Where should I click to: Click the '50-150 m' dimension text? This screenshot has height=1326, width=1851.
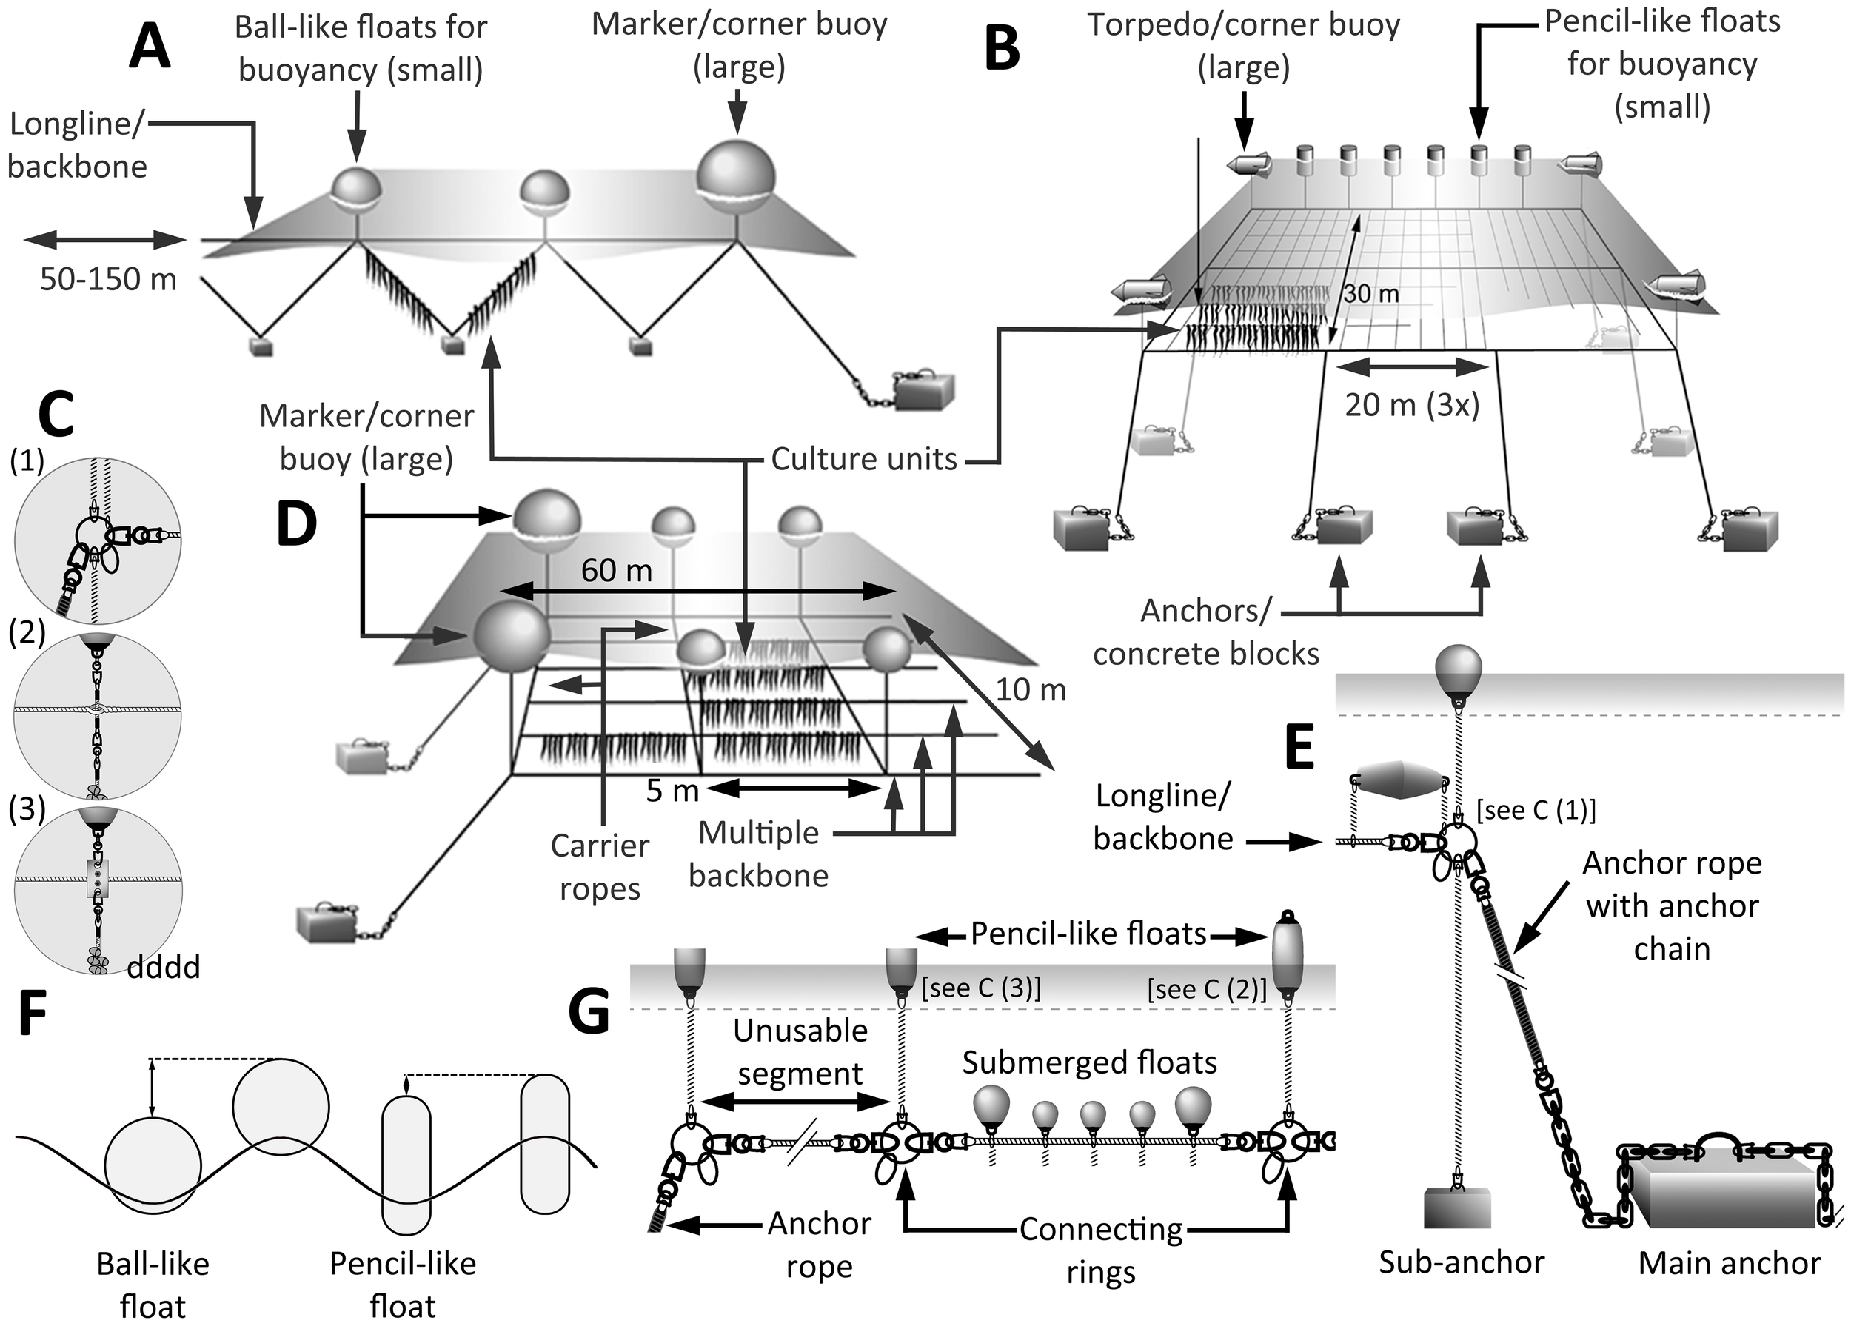click(109, 279)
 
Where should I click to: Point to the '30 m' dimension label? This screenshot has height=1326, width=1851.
click(1371, 293)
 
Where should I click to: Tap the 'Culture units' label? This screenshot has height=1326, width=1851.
click(863, 460)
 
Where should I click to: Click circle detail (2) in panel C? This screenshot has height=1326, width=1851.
click(97, 716)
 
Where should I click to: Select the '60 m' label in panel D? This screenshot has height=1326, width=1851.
click(616, 570)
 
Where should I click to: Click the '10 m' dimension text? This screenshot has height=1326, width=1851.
click(1031, 690)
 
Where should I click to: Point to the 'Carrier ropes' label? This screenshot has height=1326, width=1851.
click(600, 866)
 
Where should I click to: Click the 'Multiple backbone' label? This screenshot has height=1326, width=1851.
click(758, 854)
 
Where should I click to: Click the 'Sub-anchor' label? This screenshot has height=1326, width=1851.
click(1461, 1262)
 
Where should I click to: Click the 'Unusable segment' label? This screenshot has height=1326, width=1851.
click(800, 1052)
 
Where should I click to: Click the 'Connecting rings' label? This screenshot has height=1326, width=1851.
click(1100, 1250)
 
